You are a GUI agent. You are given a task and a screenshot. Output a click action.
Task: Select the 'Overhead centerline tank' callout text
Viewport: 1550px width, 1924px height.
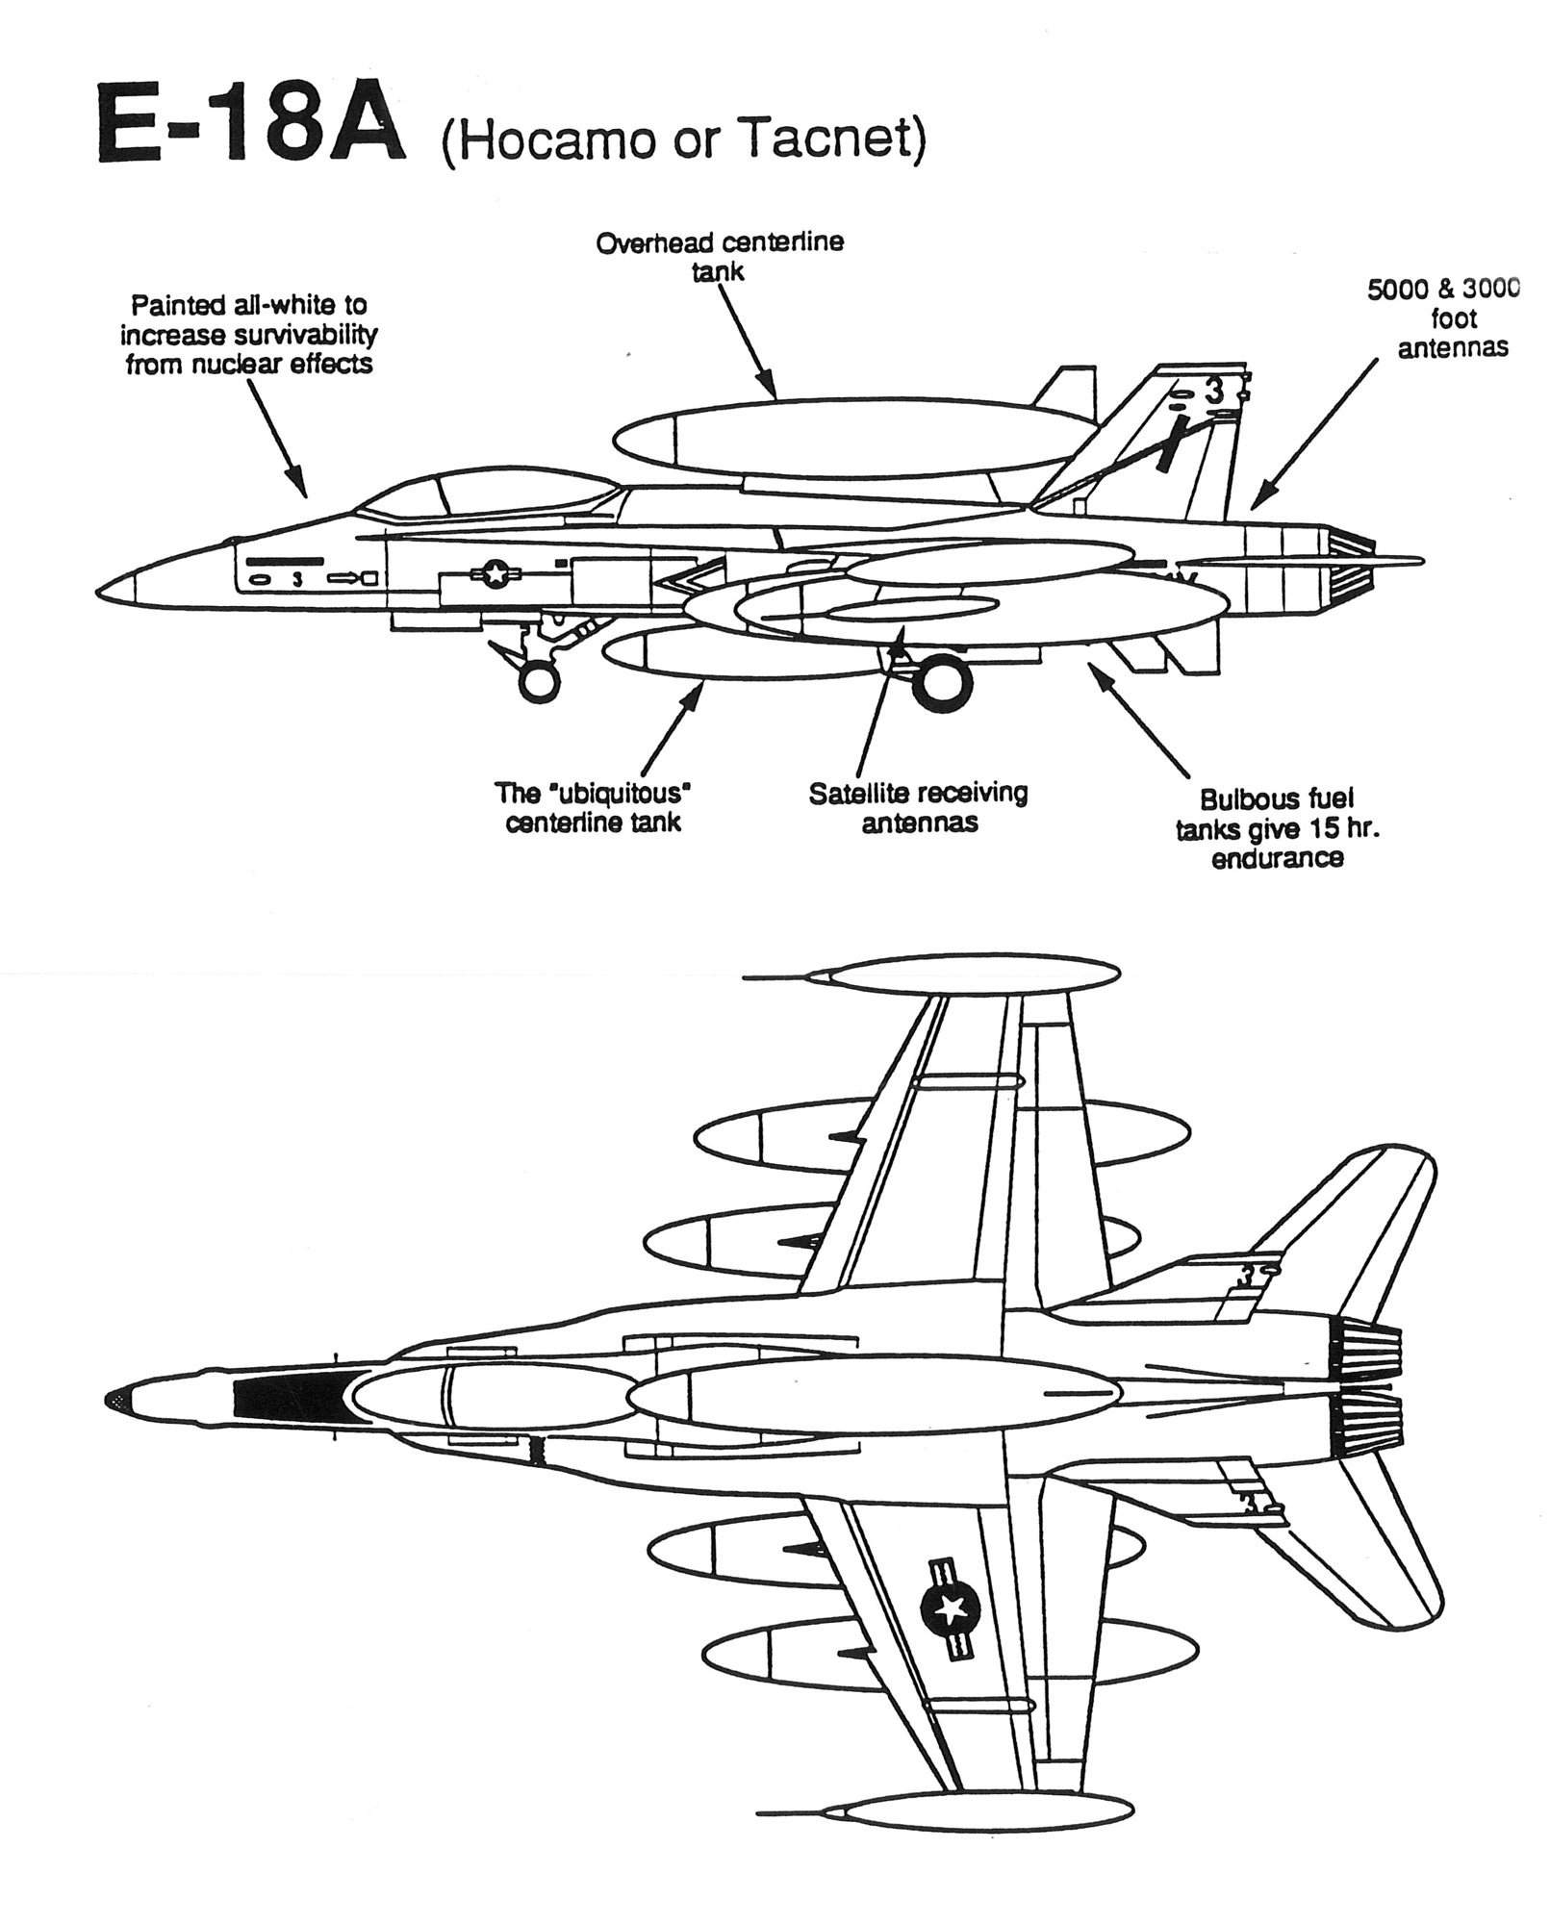719,256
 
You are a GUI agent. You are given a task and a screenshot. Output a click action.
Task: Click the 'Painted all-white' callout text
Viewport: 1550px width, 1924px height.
248,334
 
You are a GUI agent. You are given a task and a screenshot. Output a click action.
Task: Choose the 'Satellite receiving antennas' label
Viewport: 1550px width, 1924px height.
917,807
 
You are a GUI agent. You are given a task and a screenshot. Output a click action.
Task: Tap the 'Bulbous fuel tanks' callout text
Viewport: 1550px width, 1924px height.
1276,828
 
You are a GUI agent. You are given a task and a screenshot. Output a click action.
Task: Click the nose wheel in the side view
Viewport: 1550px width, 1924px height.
539,682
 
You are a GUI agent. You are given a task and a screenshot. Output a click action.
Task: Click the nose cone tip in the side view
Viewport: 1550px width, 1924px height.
104,589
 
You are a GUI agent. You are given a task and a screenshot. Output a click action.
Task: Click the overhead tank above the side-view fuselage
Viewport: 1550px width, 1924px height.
847,438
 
